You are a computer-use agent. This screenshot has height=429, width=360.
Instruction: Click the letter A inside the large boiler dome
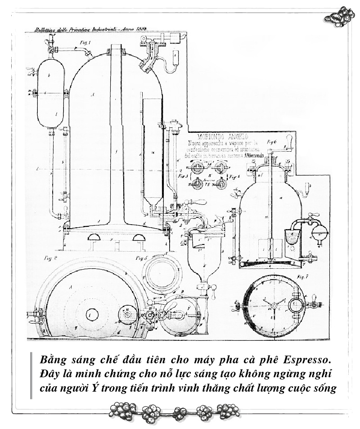click(x=93, y=95)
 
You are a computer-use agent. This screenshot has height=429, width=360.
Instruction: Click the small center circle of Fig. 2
click(x=92, y=313)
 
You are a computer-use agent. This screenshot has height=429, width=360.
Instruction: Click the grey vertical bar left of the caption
click(x=31, y=375)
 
